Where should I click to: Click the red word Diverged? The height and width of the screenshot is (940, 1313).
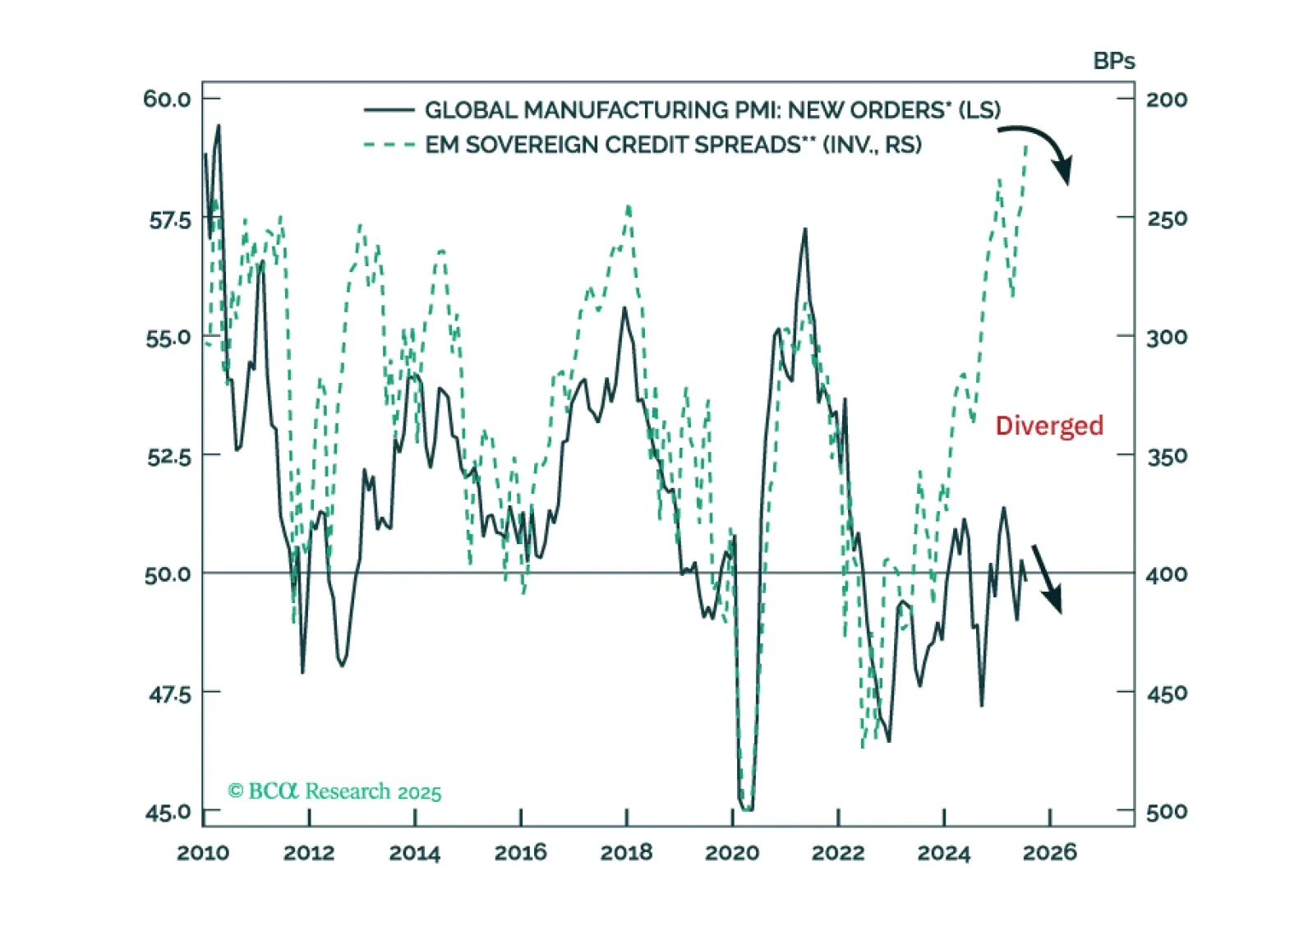[1048, 426]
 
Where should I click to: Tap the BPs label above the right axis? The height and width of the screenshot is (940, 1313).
[1113, 62]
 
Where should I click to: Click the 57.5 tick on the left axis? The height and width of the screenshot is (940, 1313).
[169, 220]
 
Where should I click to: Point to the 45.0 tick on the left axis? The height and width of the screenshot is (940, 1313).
[168, 813]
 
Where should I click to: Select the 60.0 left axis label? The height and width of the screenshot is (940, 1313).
[167, 99]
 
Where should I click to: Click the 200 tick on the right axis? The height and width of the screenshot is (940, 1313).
[1167, 100]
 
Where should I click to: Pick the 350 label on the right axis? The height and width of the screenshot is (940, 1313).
[1167, 456]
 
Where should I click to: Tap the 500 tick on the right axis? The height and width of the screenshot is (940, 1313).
[1167, 813]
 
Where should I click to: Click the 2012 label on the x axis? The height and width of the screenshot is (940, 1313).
[309, 853]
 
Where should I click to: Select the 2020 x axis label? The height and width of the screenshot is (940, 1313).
[732, 853]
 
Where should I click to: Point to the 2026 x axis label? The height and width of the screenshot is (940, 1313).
[1049, 853]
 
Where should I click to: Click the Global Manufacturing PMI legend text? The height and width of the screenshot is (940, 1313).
[712, 110]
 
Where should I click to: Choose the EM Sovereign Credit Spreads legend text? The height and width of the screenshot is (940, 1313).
[673, 145]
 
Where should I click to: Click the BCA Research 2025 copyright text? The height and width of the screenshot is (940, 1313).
[334, 791]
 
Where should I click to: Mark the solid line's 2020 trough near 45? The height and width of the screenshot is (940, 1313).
[746, 809]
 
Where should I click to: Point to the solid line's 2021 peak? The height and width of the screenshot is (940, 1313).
[805, 229]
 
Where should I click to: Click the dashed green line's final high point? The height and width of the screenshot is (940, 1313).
[1026, 146]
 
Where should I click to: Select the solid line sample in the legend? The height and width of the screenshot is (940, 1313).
[389, 110]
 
